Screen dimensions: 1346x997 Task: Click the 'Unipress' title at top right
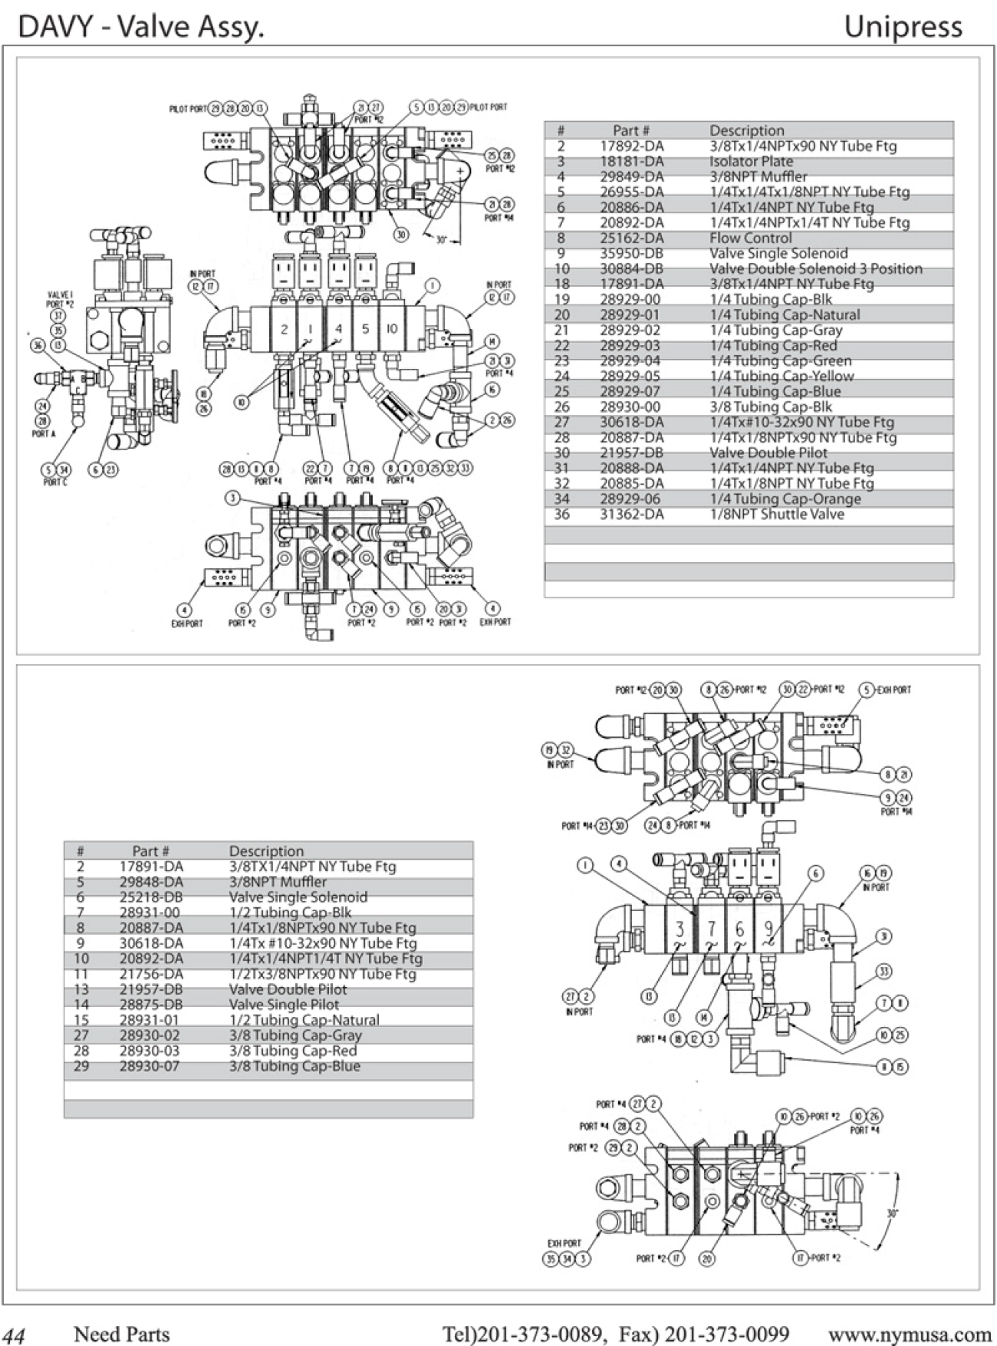pyautogui.click(x=903, y=27)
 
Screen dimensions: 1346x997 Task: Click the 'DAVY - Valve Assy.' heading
pyautogui.click(x=141, y=27)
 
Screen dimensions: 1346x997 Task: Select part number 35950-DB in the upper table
pyautogui.click(x=631, y=253)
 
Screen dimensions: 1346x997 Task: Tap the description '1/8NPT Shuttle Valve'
pyautogui.click(x=776, y=514)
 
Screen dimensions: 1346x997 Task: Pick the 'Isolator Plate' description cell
pyautogui.click(x=751, y=161)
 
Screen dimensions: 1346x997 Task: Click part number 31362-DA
pyautogui.click(x=631, y=514)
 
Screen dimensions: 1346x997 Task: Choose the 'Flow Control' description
pyautogui.click(x=750, y=238)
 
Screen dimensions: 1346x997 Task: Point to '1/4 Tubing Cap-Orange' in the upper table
pyautogui.click(x=785, y=499)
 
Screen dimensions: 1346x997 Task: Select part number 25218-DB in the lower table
pyautogui.click(x=151, y=897)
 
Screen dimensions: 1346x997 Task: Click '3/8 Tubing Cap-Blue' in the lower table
pyautogui.click(x=294, y=1065)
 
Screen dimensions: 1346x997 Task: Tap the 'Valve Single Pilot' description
pyautogui.click(x=284, y=1004)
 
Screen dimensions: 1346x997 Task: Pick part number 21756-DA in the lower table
pyautogui.click(x=151, y=973)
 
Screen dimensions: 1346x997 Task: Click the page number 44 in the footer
pyautogui.click(x=15, y=1335)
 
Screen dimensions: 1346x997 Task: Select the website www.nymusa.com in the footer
pyautogui.click(x=910, y=1334)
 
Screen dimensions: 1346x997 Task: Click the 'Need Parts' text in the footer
pyautogui.click(x=121, y=1334)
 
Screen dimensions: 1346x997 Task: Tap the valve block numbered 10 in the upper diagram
pyautogui.click(x=391, y=328)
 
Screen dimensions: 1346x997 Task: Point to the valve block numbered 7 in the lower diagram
pyautogui.click(x=711, y=930)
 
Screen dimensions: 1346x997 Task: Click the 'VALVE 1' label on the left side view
pyautogui.click(x=59, y=295)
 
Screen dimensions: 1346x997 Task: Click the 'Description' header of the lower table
pyautogui.click(x=266, y=851)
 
